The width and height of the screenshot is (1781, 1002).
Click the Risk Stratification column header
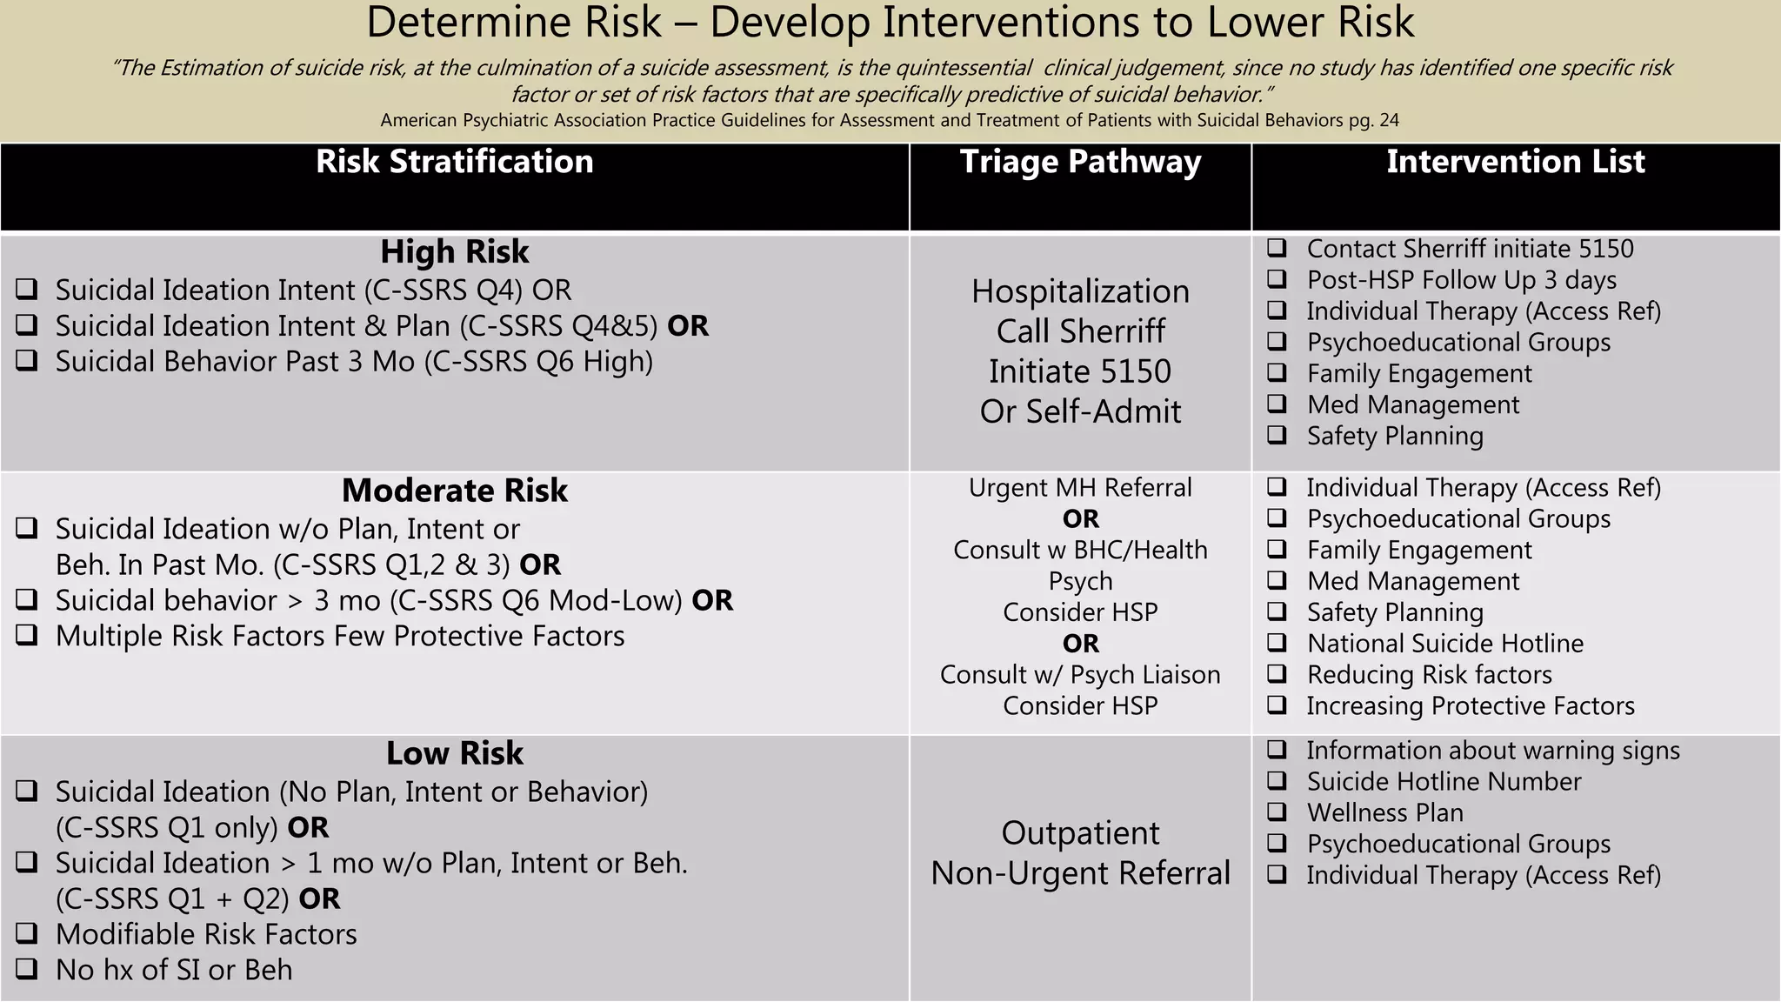click(x=454, y=162)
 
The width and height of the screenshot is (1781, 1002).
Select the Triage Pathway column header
click(x=1080, y=162)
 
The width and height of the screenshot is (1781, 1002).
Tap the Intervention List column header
click(x=1515, y=162)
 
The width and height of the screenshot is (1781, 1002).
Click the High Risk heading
click(x=454, y=252)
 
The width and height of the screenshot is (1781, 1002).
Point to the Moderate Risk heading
click(x=454, y=491)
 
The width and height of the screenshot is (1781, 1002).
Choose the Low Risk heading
click(x=454, y=753)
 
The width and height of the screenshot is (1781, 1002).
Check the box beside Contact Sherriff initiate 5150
click(x=1277, y=248)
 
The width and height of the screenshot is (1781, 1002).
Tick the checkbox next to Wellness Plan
click(x=1277, y=812)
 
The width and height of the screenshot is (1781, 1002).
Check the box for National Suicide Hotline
click(x=1277, y=643)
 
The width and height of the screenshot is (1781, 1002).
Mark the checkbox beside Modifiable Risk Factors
click(x=27, y=933)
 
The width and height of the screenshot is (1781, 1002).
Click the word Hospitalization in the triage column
click(x=1080, y=291)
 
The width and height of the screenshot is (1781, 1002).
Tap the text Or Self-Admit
click(x=1080, y=411)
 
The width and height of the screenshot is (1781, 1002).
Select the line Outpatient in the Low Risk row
click(x=1080, y=833)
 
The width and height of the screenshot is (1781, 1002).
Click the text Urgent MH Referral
click(x=1080, y=488)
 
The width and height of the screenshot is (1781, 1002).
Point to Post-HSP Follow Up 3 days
click(x=1461, y=280)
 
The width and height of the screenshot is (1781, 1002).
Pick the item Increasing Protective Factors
click(x=1470, y=706)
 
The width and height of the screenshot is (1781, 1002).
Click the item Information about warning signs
click(x=1492, y=751)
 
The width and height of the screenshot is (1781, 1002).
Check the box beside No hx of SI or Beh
click(x=27, y=969)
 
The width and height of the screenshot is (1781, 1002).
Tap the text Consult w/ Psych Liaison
click(x=1080, y=675)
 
